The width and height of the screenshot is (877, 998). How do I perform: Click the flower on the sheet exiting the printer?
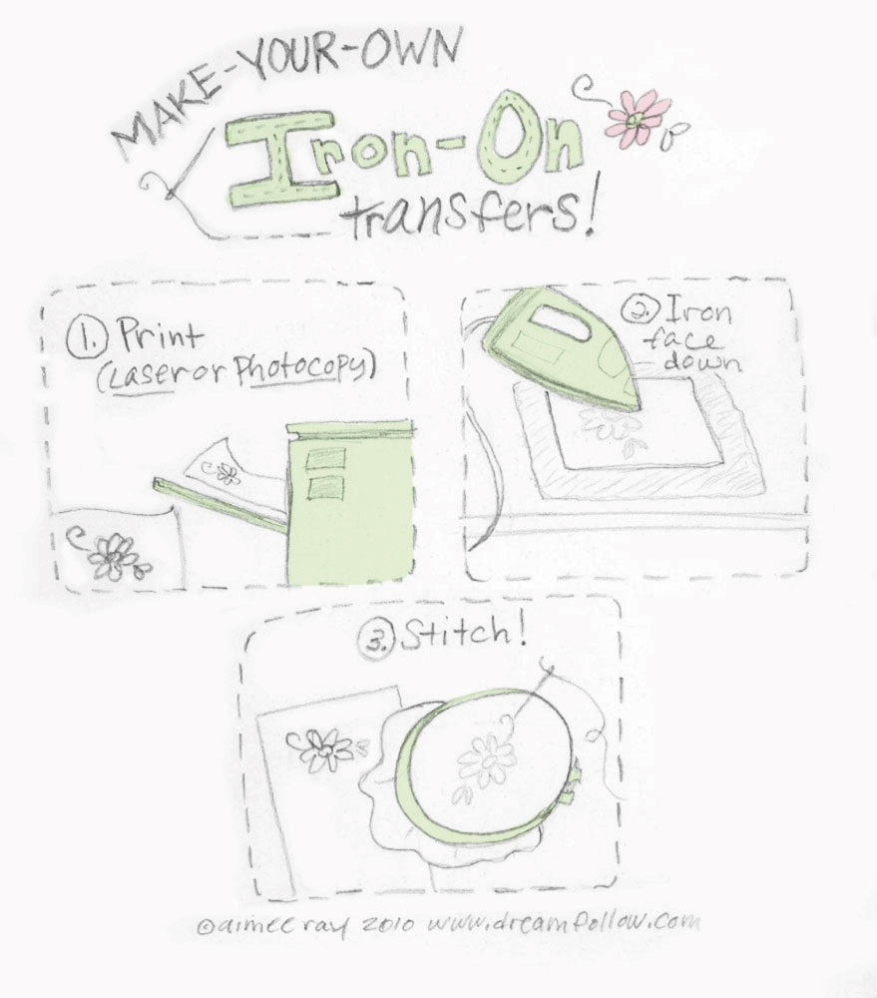pyautogui.click(x=227, y=472)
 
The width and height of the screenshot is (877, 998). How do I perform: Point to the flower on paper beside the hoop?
pyautogui.click(x=321, y=748)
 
